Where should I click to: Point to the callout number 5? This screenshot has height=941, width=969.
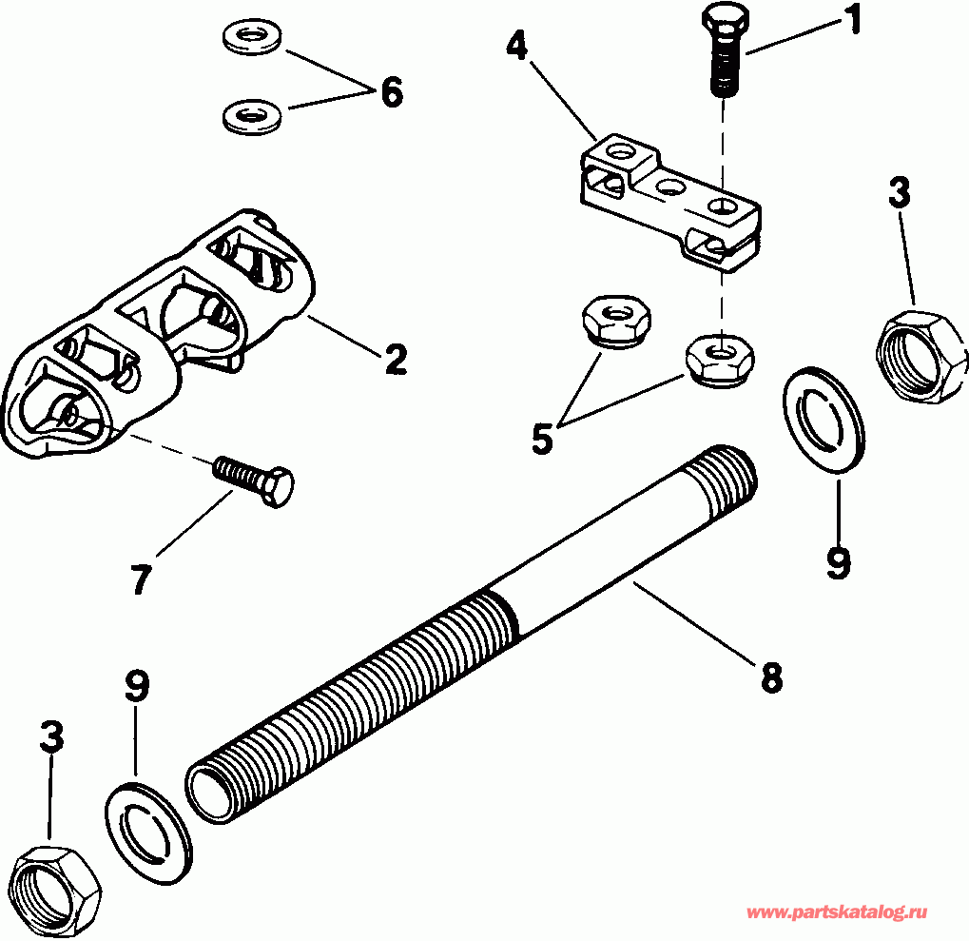click(541, 438)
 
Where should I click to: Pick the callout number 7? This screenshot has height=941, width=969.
click(140, 578)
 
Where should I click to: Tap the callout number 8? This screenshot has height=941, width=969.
click(770, 676)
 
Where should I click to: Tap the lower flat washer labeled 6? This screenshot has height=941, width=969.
click(249, 117)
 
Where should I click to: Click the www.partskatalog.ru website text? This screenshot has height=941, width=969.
click(836, 912)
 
